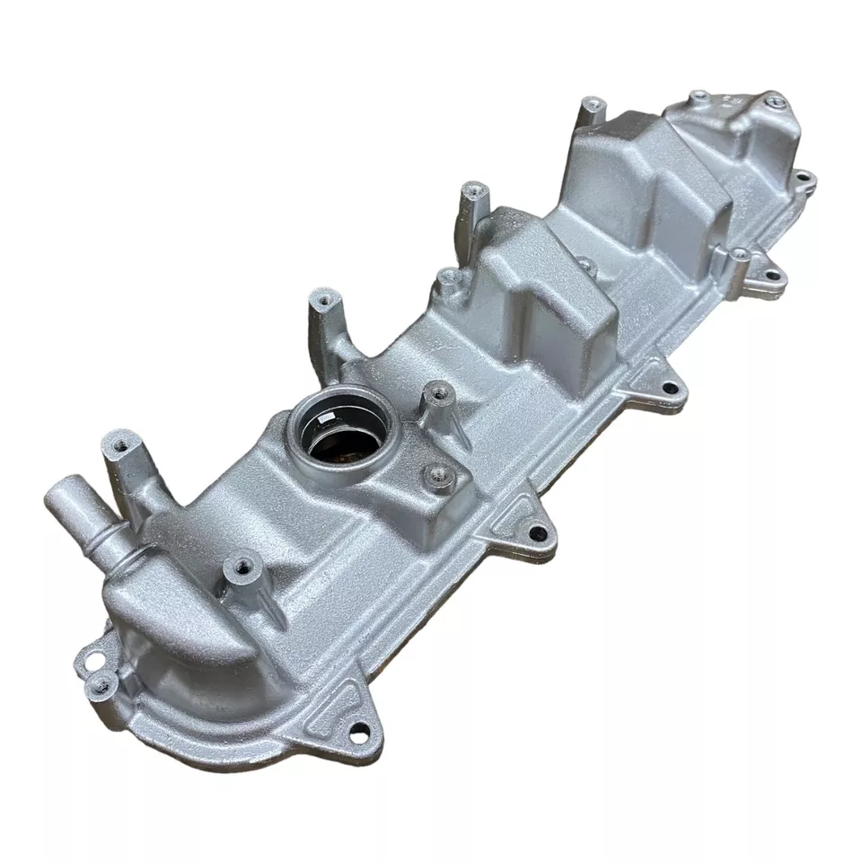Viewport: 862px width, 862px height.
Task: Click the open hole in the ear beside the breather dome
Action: [88, 665]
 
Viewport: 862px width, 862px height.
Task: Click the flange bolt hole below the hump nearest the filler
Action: [669, 389]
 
